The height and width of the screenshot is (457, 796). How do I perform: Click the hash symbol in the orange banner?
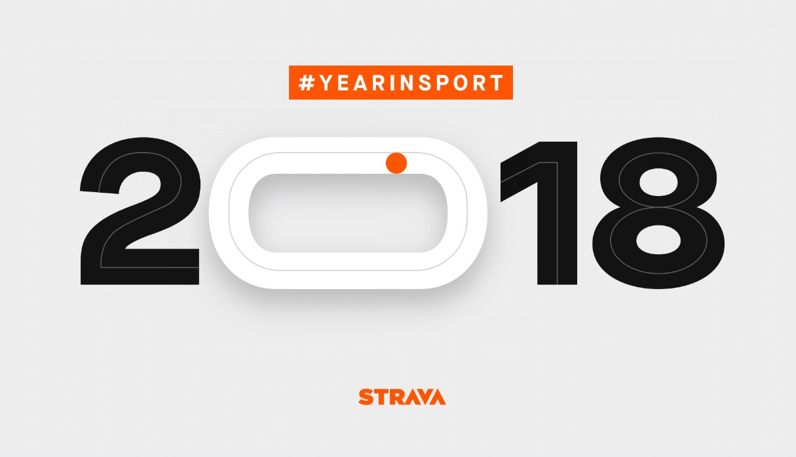(307, 83)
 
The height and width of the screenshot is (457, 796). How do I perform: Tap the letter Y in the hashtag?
(326, 83)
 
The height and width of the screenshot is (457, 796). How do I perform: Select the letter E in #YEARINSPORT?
(343, 83)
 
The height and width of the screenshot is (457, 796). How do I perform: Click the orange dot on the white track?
(396, 163)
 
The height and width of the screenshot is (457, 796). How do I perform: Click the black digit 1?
(557, 213)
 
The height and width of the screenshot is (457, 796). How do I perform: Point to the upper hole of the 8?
(658, 182)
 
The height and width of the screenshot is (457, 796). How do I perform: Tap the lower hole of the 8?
(658, 239)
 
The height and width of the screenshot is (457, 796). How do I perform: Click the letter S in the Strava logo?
(366, 397)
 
